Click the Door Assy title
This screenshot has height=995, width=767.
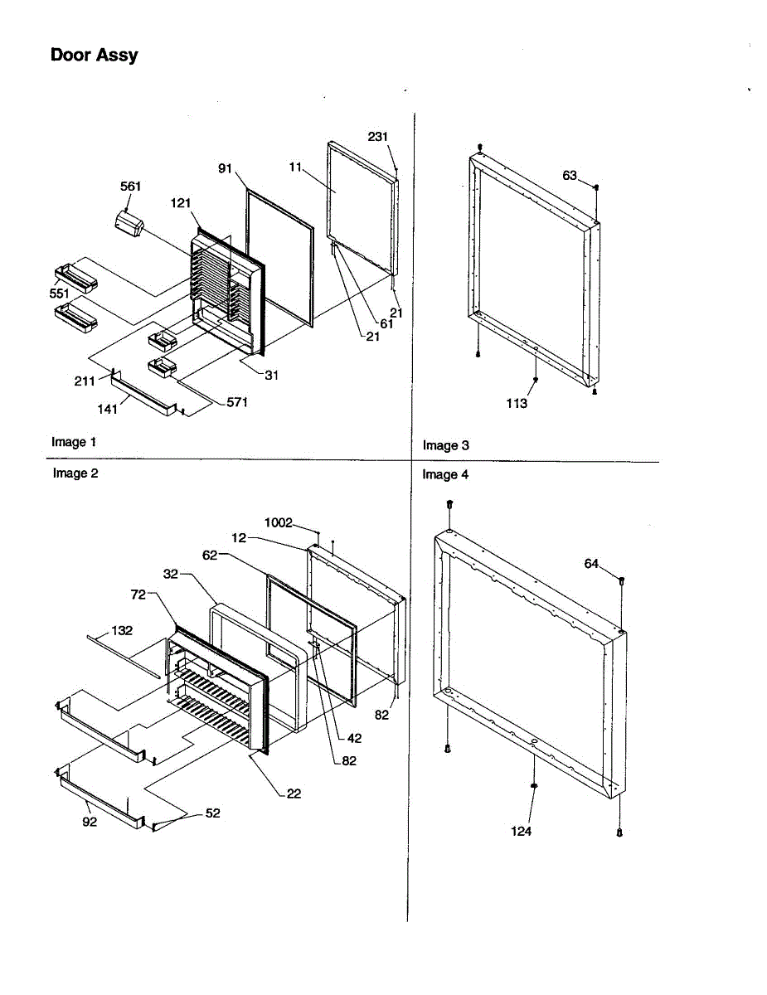(94, 56)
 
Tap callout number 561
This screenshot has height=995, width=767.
(130, 187)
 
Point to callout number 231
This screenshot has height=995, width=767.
(378, 137)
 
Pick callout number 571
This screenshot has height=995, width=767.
(237, 403)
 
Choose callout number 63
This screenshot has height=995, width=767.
(570, 176)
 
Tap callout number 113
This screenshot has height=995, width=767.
(517, 403)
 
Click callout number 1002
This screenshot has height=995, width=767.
(279, 522)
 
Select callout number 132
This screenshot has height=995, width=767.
(122, 631)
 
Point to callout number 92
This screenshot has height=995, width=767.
(89, 822)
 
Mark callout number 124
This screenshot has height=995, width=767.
(521, 831)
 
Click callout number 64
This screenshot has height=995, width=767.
(591, 564)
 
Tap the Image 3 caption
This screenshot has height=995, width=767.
(446, 446)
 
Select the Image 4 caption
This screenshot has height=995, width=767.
(445, 475)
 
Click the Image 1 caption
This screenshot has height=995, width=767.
(74, 442)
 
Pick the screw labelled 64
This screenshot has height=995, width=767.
(622, 581)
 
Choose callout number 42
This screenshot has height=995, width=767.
(354, 738)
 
